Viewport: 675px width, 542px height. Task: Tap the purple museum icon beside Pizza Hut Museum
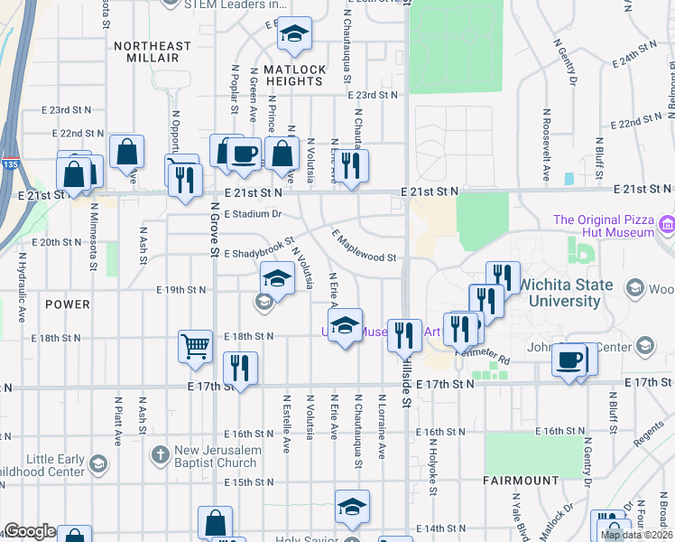click(x=667, y=223)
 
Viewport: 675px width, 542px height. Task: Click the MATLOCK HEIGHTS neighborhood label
click(x=292, y=75)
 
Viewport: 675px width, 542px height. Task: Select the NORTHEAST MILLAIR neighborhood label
click(x=153, y=51)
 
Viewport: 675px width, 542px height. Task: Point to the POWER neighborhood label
click(x=66, y=305)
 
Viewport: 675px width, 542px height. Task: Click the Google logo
click(x=30, y=531)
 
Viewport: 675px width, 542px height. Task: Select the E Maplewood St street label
click(x=365, y=247)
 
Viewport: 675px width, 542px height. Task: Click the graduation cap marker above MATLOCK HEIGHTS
click(x=293, y=34)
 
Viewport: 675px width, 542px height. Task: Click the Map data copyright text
click(x=635, y=535)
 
